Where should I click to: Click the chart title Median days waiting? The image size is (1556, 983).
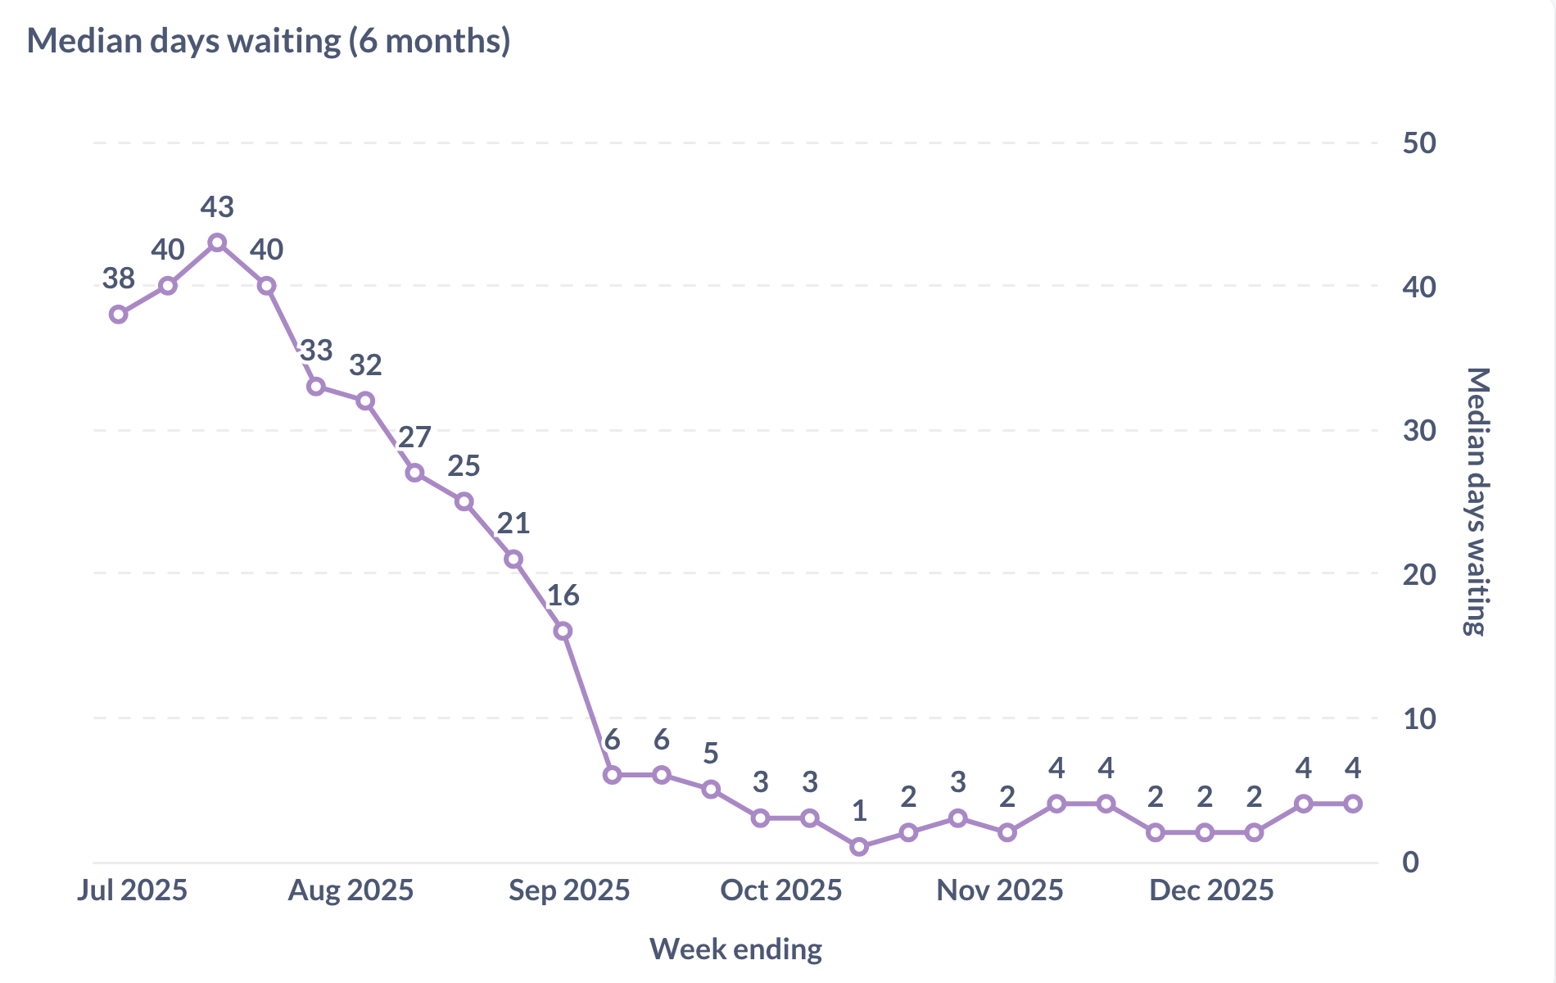tap(269, 41)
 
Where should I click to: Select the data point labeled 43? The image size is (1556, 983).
tap(217, 242)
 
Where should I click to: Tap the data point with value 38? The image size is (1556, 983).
tap(119, 315)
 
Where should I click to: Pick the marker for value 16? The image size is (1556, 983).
tap(563, 631)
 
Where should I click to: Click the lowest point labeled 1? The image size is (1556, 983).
tap(859, 847)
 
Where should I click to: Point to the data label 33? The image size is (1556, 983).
tap(316, 351)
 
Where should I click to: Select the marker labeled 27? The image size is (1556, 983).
tap(415, 473)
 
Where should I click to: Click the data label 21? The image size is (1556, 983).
tap(513, 523)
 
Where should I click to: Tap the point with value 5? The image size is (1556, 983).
tap(711, 789)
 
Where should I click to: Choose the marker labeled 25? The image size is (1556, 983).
tap(464, 501)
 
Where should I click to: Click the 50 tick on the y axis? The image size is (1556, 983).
tap(1419, 143)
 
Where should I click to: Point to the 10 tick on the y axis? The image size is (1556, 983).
tap(1419, 719)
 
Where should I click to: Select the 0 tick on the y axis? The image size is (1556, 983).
tap(1410, 862)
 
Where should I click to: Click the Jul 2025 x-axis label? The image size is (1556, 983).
tap(133, 890)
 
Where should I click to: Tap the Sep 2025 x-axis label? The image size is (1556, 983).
tap(569, 890)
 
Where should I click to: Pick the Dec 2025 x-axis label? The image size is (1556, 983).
tap(1211, 890)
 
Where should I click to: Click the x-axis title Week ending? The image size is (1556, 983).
tap(735, 949)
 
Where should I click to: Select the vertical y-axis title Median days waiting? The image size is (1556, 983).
tap(1476, 501)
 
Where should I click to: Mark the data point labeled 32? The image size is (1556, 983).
tap(365, 401)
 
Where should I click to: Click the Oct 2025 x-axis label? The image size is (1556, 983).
tap(780, 890)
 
